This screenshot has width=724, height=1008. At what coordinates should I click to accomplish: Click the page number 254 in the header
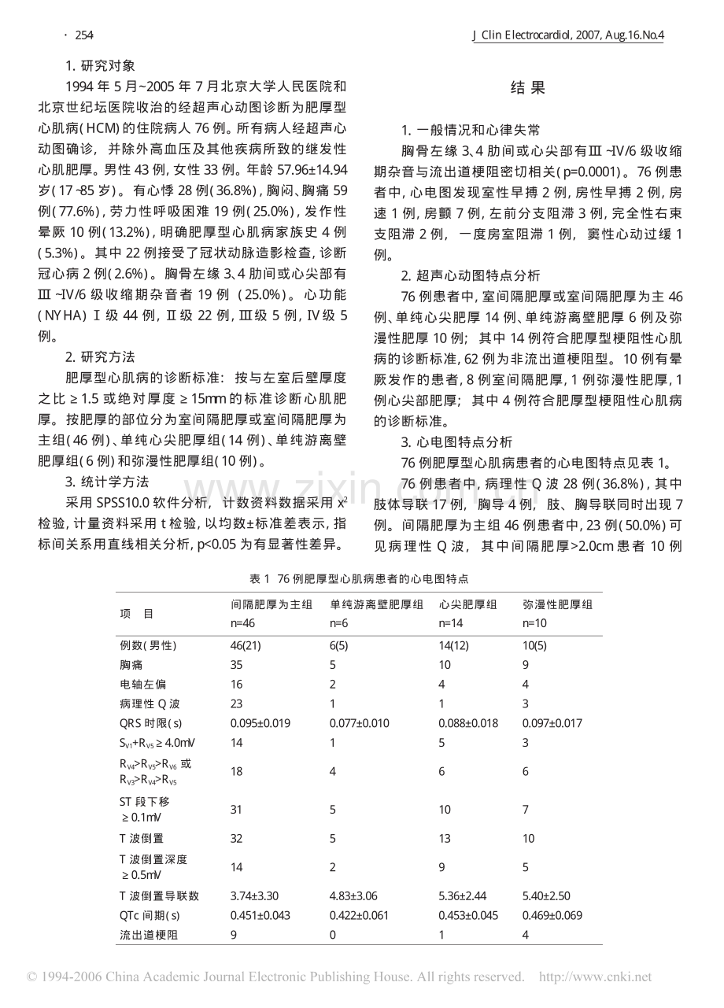pos(84,35)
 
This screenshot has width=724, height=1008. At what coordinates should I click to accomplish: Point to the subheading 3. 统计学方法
pos(106,482)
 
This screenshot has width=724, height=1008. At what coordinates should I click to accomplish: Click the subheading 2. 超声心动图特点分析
pos(471,275)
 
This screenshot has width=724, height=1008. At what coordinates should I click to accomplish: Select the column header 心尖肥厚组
pos(467,604)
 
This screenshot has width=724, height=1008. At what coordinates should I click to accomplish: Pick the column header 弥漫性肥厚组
pos(557,604)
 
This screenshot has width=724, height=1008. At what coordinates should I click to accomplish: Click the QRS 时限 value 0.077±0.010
pos(359,723)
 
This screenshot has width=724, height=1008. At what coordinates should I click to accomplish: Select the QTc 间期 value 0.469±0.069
pos(552,915)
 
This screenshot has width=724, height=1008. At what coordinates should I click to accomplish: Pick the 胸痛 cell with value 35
pos(236,665)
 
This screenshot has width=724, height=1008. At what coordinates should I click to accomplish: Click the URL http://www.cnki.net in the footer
pos(595,977)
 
